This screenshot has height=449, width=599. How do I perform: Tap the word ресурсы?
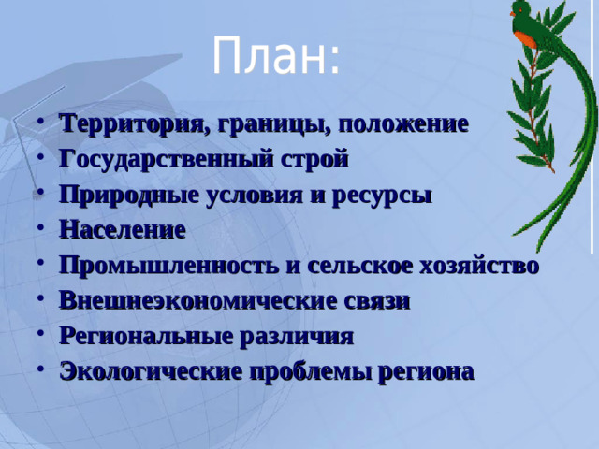(x=386, y=195)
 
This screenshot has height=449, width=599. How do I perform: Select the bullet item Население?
(x=123, y=230)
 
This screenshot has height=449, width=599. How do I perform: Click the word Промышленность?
(x=169, y=266)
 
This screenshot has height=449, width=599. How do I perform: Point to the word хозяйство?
(x=485, y=266)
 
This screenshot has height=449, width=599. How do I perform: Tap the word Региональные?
(x=151, y=337)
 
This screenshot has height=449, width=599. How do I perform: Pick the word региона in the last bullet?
(x=426, y=372)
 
